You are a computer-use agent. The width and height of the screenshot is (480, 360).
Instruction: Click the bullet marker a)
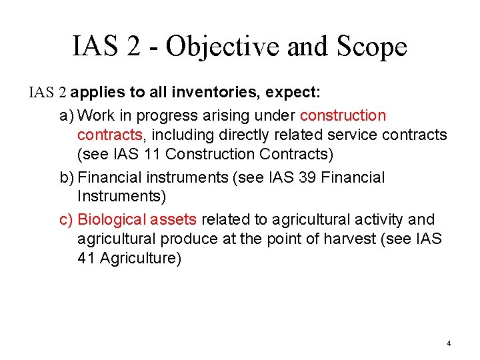(67, 115)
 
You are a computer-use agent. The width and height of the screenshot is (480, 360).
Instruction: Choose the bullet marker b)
(67, 177)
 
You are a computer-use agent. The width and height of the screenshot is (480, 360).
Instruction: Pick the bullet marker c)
(67, 219)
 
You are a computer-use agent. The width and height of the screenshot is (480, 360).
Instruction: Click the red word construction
(343, 115)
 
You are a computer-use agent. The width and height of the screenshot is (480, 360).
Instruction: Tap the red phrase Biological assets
(137, 219)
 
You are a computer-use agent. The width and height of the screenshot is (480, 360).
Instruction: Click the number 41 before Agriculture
(86, 258)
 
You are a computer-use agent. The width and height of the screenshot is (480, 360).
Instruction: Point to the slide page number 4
(449, 343)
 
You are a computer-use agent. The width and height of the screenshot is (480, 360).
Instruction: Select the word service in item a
(355, 135)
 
